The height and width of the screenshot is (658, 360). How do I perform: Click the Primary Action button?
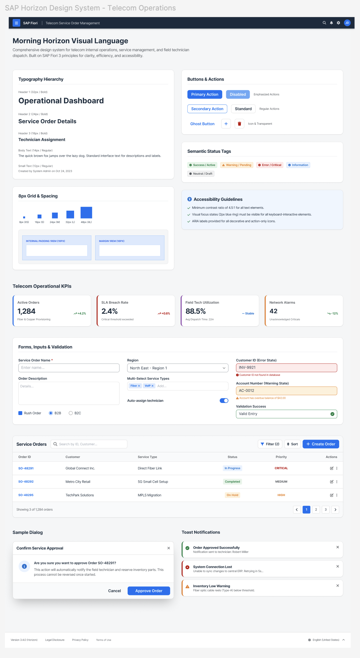[205, 94]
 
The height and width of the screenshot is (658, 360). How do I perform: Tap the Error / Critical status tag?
[270, 165]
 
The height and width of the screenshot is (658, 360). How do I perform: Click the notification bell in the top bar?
[331, 23]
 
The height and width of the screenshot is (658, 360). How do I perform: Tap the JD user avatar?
[347, 23]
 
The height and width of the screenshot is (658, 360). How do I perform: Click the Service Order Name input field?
[69, 368]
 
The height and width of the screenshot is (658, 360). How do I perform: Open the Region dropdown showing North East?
[178, 368]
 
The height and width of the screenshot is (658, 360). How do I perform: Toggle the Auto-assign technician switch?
[224, 401]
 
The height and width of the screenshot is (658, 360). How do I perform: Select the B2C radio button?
[70, 413]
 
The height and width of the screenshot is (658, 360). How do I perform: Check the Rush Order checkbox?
[20, 413]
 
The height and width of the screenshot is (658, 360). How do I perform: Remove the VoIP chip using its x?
[152, 386]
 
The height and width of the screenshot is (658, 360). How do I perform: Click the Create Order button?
[321, 444]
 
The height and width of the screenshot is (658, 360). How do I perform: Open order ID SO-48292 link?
[26, 482]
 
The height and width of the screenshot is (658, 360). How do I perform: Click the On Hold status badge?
[232, 495]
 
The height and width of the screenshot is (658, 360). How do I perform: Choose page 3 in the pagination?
[325, 509]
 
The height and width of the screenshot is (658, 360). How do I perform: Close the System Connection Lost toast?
[337, 567]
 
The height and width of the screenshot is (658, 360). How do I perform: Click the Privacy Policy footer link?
[80, 640]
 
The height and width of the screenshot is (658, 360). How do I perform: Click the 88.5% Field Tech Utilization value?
[196, 311]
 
